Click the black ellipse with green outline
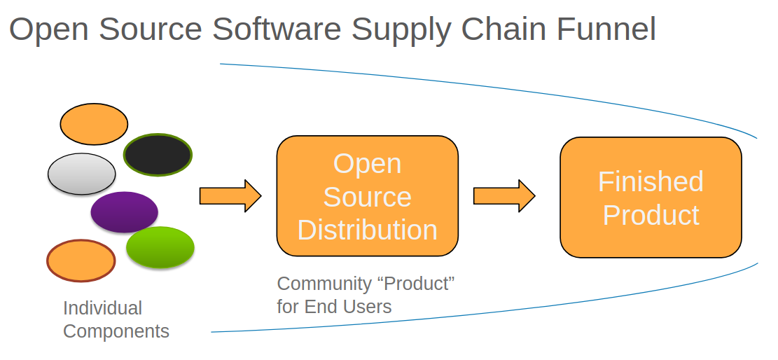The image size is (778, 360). click(x=158, y=155)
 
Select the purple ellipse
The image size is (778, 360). click(x=125, y=212)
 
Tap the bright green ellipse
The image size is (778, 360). click(x=160, y=247)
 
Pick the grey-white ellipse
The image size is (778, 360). click(x=82, y=174)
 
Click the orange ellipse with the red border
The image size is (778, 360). click(x=81, y=261)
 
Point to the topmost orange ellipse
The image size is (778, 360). click(x=94, y=123)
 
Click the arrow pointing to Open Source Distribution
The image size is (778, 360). click(x=230, y=195)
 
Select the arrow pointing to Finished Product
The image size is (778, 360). click(x=503, y=195)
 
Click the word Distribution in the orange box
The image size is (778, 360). click(x=367, y=230)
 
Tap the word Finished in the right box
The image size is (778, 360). click(x=651, y=181)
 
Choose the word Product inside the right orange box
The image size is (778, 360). click(x=651, y=215)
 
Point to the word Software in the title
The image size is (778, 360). click(x=277, y=29)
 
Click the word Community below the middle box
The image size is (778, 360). click(x=324, y=284)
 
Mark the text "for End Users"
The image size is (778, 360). click(x=334, y=306)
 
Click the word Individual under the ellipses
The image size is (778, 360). click(x=102, y=308)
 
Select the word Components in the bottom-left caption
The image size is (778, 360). click(x=116, y=331)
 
